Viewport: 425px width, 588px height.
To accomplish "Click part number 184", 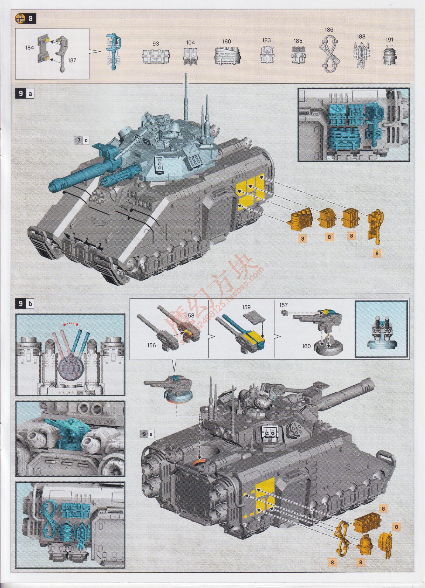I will pyautogui.click(x=29, y=48).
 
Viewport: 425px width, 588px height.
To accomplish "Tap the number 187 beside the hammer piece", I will pyautogui.click(x=72, y=60).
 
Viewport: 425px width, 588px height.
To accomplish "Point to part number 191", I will pyautogui.click(x=389, y=40).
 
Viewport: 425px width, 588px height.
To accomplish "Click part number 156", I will pyautogui.click(x=151, y=345).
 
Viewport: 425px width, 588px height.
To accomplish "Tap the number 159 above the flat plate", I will pyautogui.click(x=246, y=307).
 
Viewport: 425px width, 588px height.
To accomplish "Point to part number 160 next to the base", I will pyautogui.click(x=306, y=346).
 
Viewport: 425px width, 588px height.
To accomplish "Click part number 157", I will pyautogui.click(x=283, y=305).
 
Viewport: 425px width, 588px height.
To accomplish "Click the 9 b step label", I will pyautogui.click(x=25, y=304).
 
